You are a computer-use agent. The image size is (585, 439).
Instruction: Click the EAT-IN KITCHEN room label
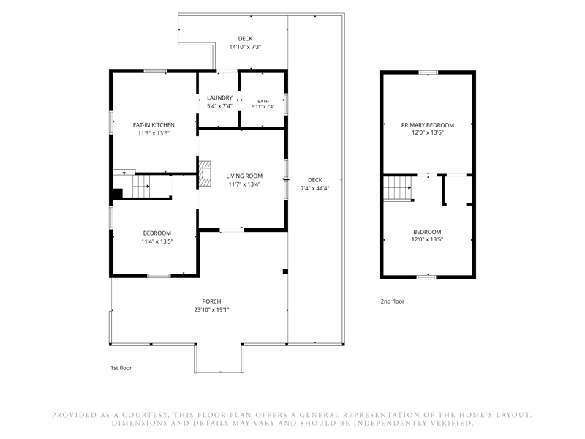click(154, 125)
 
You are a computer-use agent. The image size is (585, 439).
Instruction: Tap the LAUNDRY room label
click(220, 98)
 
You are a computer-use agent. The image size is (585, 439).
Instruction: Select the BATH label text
click(263, 102)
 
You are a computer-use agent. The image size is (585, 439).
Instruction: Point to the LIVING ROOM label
click(244, 176)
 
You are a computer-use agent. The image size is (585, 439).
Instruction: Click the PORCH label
click(211, 301)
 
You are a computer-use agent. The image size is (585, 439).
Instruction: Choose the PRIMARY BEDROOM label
click(428, 125)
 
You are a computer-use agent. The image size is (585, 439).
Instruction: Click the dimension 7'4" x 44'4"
click(315, 188)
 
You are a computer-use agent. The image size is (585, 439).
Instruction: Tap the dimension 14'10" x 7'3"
click(245, 47)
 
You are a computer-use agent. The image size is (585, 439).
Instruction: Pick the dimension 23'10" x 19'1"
click(211, 309)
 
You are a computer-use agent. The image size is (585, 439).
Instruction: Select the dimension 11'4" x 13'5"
click(157, 241)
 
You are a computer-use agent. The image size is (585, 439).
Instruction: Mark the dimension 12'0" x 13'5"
click(427, 240)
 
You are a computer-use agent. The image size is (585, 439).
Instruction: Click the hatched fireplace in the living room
click(205, 173)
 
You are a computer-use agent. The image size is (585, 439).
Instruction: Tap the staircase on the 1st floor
click(142, 186)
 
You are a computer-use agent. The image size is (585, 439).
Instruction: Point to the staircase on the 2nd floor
click(398, 188)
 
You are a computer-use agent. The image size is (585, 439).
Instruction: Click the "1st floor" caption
click(121, 368)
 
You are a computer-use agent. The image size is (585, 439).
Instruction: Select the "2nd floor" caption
click(393, 301)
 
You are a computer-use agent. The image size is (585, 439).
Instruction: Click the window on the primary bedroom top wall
click(428, 72)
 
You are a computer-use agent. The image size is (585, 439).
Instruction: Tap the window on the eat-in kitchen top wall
click(156, 71)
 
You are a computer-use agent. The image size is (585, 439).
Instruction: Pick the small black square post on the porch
click(285, 271)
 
